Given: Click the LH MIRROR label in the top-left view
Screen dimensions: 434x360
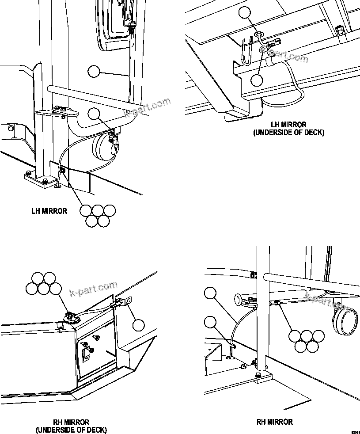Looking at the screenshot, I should [49, 211].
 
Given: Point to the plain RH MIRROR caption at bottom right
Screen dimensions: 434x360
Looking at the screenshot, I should [274, 422].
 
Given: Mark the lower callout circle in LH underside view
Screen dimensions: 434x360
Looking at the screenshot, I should [257, 80].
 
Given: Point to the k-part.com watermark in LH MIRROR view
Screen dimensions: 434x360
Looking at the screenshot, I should [148, 107].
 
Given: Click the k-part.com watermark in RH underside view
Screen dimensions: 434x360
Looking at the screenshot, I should [94, 289].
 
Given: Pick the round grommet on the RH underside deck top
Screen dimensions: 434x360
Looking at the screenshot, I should [70, 317].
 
